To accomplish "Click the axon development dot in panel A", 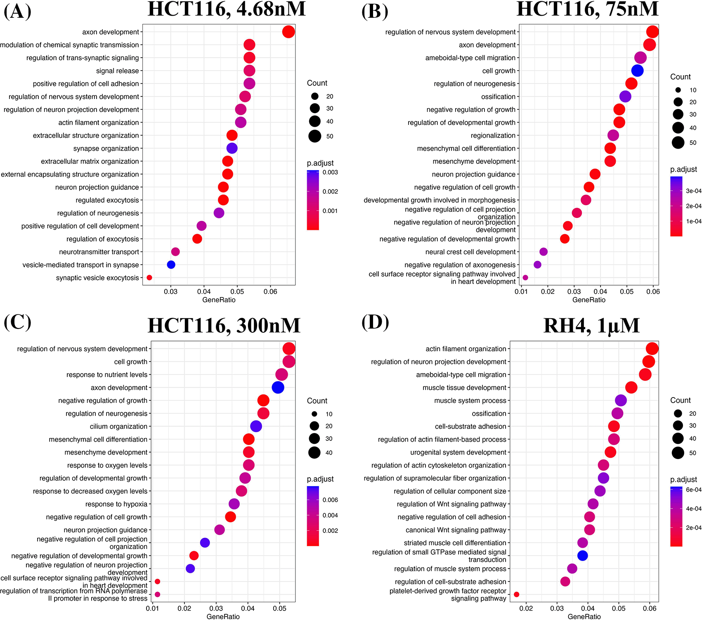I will [x=288, y=32].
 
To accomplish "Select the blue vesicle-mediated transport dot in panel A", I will [x=171, y=265].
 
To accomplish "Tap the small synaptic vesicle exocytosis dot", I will [x=149, y=278].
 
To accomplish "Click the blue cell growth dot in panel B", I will [x=637, y=71].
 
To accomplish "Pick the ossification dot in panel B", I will [x=625, y=97].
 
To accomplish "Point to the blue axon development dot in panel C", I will [x=278, y=388].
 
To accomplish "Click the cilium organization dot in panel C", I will [x=256, y=426].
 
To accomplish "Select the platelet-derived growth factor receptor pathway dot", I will [x=516, y=594].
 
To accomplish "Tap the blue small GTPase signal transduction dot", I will [x=582, y=556].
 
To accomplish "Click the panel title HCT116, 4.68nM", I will [x=227, y=9].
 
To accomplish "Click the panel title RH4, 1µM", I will [x=591, y=326].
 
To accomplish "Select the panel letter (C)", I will [x=17, y=322].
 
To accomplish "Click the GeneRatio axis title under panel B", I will [x=589, y=300].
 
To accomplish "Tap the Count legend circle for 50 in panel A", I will [x=315, y=136].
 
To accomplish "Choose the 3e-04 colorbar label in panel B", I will [x=693, y=191].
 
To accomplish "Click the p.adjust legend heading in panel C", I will [x=320, y=479].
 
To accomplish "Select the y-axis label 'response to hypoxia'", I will [x=116, y=504].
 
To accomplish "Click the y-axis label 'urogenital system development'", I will [x=458, y=452].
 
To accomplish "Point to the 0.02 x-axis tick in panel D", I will [x=526, y=608].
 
